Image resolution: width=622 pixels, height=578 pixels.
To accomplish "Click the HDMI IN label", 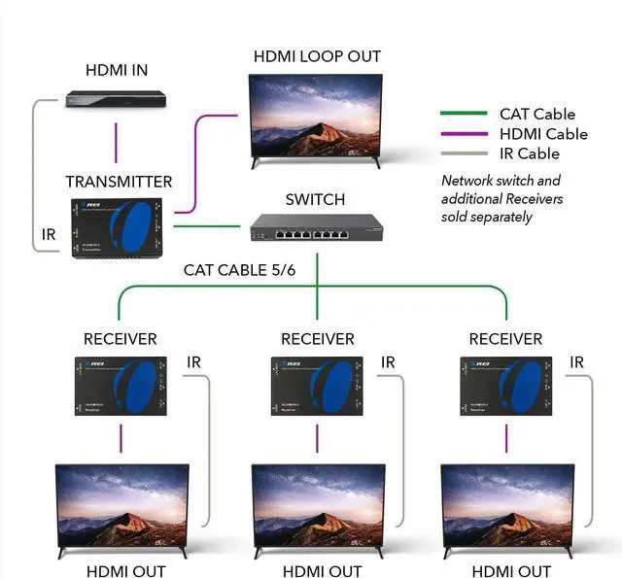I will [x=117, y=70].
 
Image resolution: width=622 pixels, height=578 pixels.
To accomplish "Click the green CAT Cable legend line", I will [x=463, y=114].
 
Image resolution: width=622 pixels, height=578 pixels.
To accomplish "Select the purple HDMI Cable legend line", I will [x=463, y=134].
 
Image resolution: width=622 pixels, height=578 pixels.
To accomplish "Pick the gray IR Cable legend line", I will [x=463, y=153].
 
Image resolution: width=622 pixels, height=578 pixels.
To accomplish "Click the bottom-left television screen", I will [x=121, y=505].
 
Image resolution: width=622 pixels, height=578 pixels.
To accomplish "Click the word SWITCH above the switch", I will [x=315, y=200].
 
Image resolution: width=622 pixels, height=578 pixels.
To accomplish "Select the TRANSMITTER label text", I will [x=119, y=182].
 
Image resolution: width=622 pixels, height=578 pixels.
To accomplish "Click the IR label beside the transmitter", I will [x=49, y=235].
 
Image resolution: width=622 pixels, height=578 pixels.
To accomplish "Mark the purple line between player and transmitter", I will [x=117, y=142].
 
